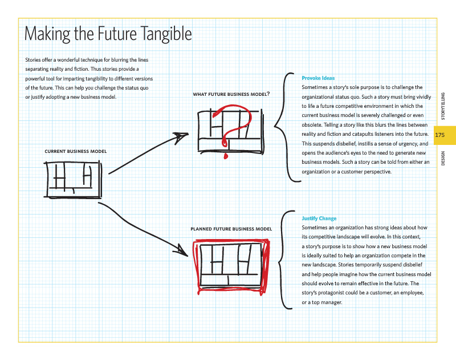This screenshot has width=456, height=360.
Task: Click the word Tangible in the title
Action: point(165,34)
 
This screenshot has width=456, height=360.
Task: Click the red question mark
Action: point(234,128)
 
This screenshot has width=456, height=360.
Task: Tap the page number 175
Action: point(439,135)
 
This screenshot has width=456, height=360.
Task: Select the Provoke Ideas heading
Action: point(318,78)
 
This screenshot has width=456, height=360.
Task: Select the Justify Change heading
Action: point(319,219)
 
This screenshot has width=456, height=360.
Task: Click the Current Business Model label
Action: point(75,151)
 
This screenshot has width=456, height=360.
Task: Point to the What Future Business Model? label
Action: point(231,94)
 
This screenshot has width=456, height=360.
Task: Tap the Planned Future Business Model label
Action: point(231,229)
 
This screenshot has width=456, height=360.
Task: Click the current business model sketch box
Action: point(72,179)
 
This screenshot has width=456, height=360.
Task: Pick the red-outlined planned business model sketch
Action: point(229,264)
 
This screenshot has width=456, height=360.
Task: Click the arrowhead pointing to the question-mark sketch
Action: point(182,136)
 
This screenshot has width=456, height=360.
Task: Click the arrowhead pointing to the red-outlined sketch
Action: point(182,249)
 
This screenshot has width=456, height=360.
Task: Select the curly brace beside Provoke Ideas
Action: point(285,128)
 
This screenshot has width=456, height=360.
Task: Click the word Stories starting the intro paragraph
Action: point(33,60)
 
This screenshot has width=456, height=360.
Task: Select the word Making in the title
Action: point(47,34)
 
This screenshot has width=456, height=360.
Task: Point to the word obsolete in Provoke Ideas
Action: point(313,115)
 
